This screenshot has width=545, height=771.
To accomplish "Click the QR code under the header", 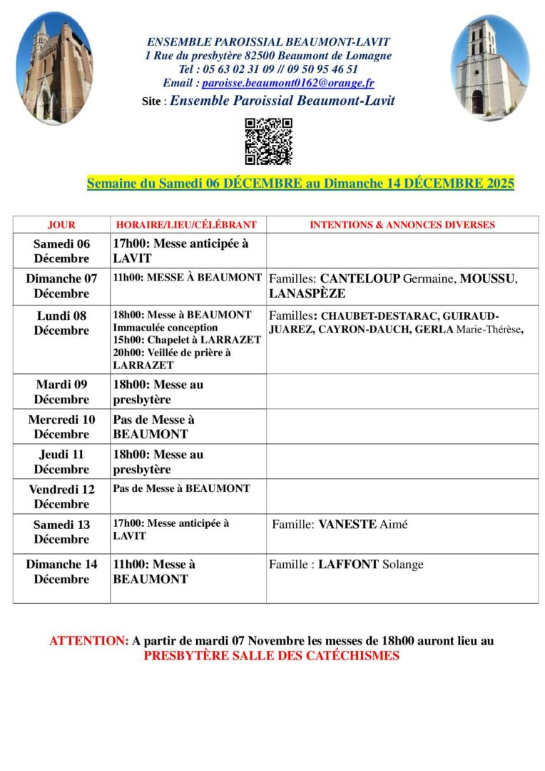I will [268, 141].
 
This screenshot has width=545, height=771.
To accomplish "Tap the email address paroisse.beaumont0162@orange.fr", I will [287, 83].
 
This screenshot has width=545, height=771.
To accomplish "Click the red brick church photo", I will [54, 69].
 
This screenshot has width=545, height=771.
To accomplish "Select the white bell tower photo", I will [490, 70].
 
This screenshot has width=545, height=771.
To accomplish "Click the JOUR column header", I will [61, 225].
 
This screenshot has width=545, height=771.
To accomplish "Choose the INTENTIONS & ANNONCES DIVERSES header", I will [402, 225].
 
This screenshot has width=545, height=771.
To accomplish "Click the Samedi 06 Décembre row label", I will [61, 251].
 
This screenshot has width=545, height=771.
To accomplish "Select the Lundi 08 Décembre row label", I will [61, 323].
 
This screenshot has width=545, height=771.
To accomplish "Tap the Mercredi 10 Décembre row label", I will [61, 427].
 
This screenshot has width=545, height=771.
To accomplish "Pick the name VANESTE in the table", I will [347, 525].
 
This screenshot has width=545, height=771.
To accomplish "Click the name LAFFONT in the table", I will [348, 565].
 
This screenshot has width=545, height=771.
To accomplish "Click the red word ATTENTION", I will [88, 641].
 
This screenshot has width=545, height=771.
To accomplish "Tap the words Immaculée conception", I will [165, 328].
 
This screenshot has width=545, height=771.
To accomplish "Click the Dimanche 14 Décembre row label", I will [61, 572].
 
